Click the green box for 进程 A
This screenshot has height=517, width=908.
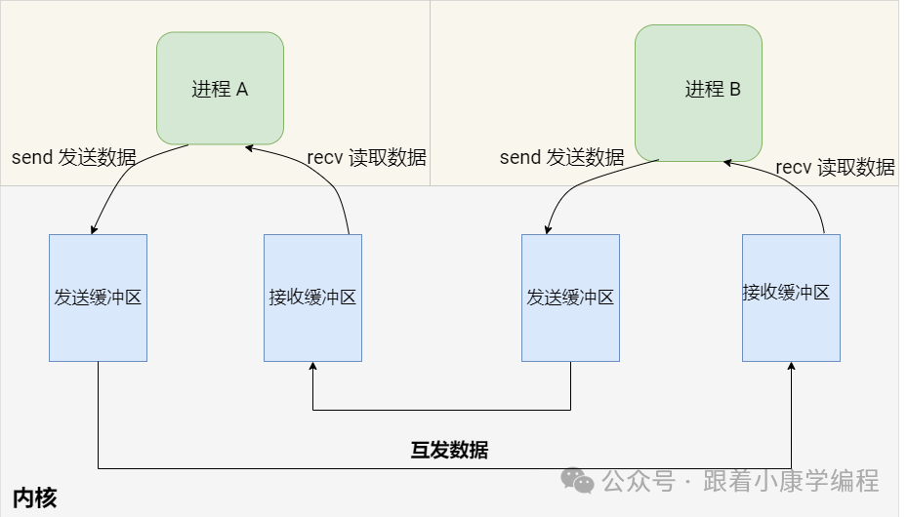pyautogui.click(x=221, y=88)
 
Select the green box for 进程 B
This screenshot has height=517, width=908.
pyautogui.click(x=698, y=93)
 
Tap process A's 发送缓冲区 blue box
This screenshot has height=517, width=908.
pyautogui.click(x=98, y=298)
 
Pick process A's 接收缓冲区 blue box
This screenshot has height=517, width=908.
pyautogui.click(x=312, y=298)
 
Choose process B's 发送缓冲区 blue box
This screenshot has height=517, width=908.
pyautogui.click(x=570, y=298)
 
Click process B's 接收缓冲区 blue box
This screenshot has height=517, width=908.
pyautogui.click(x=791, y=293)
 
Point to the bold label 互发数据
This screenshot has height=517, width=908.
pyautogui.click(x=449, y=450)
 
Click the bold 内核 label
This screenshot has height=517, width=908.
pyautogui.click(x=35, y=498)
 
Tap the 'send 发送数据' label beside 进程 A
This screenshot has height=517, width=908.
pyautogui.click(x=74, y=157)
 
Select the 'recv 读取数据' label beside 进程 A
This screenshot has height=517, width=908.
pyautogui.click(x=366, y=158)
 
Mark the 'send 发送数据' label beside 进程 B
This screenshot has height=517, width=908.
pyautogui.click(x=561, y=157)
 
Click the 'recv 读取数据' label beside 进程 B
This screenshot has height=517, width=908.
pyautogui.click(x=835, y=167)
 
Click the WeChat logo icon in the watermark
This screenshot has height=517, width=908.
pyautogui.click(x=577, y=481)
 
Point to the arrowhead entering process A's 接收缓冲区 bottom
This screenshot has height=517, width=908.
pyautogui.click(x=312, y=367)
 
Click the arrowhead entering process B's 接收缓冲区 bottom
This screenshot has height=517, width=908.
pyautogui.click(x=791, y=367)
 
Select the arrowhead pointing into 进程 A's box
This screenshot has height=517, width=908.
pyautogui.click(x=250, y=148)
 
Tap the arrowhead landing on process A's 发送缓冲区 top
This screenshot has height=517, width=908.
pyautogui.click(x=94, y=230)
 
